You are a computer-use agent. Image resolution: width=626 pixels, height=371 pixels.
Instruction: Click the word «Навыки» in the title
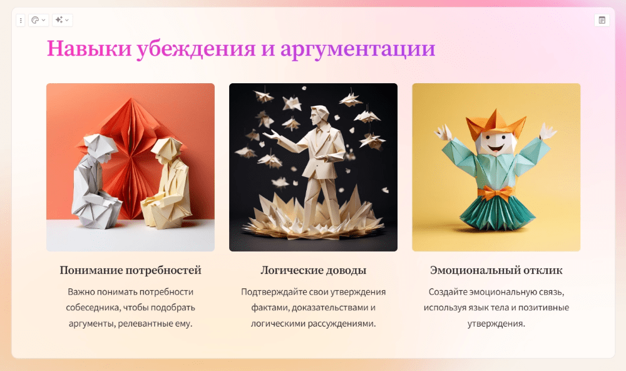click(90, 48)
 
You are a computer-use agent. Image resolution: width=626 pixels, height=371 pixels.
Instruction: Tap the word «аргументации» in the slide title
click(357, 49)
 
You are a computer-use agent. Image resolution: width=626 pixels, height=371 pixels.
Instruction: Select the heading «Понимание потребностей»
click(131, 270)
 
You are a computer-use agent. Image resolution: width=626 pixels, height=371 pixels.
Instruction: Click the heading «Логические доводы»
click(314, 270)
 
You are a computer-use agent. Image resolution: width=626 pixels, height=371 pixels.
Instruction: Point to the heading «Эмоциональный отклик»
click(496, 270)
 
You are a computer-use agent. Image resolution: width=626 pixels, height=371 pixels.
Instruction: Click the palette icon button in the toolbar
click(38, 20)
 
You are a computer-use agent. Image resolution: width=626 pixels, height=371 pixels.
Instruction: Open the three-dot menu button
click(21, 20)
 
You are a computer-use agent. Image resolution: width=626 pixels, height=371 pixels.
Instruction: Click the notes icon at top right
click(602, 20)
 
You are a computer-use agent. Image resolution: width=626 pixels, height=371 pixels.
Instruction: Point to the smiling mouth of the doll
click(495, 149)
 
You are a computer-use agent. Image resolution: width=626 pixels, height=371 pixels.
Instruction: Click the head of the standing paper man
click(319, 115)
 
